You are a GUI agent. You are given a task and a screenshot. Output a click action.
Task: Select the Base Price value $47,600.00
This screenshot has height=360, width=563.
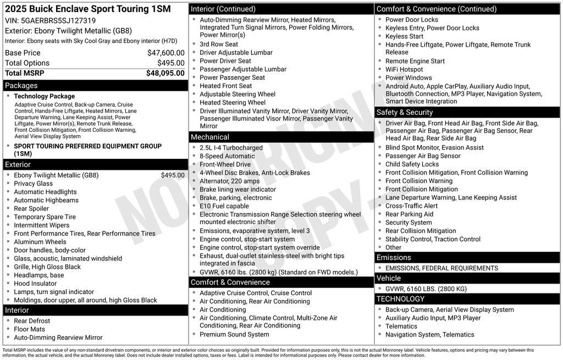click(x=165, y=53)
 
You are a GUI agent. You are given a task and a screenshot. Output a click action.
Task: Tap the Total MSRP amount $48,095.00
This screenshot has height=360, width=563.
click(x=165, y=73)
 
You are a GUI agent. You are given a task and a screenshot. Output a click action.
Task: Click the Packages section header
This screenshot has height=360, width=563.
click(x=21, y=86)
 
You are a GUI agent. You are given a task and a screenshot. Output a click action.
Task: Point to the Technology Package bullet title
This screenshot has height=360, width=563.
click(x=44, y=96)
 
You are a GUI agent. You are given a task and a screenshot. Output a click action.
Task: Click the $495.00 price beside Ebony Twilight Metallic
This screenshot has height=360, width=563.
click(x=173, y=175)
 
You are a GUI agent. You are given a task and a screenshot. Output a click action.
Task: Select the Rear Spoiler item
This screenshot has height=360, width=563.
click(x=31, y=209)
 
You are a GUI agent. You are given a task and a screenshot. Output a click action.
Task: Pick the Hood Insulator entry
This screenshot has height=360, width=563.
click(x=35, y=284)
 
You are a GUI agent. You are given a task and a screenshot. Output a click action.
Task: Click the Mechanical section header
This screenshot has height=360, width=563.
click(x=210, y=137)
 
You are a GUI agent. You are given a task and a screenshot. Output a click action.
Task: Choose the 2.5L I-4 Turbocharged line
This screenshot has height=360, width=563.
click(x=231, y=148)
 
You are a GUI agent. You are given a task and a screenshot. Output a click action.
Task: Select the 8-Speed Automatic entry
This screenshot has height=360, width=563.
click(x=227, y=156)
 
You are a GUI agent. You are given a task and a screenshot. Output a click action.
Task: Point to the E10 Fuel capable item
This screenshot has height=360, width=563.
click(x=224, y=206)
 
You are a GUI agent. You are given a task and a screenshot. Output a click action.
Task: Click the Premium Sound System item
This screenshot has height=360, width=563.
click(x=234, y=334)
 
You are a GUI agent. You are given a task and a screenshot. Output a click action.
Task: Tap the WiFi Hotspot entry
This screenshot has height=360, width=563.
click(x=404, y=69)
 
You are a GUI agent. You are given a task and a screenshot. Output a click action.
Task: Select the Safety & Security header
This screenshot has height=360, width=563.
click(x=405, y=112)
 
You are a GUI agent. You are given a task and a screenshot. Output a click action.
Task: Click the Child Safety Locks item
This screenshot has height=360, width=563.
click(x=412, y=164)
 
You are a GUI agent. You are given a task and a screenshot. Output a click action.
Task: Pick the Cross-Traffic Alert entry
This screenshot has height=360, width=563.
click(x=411, y=206)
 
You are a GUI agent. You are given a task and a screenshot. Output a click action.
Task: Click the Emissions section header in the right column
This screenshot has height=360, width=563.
click(x=394, y=258)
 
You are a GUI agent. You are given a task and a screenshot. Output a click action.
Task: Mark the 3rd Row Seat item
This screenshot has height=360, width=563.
click(x=219, y=45)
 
